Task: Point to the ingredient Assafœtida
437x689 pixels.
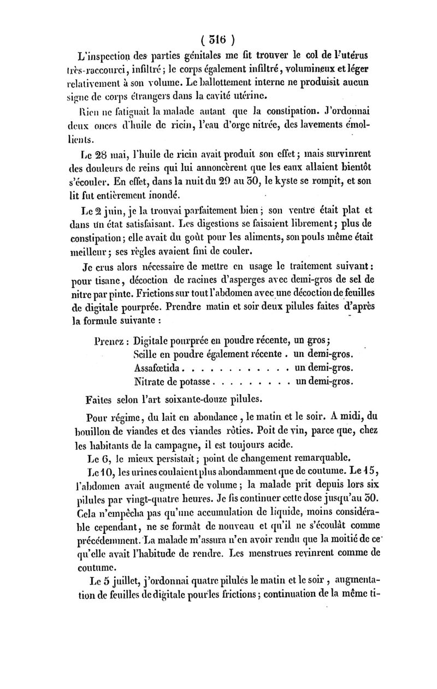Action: [x=161, y=367]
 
